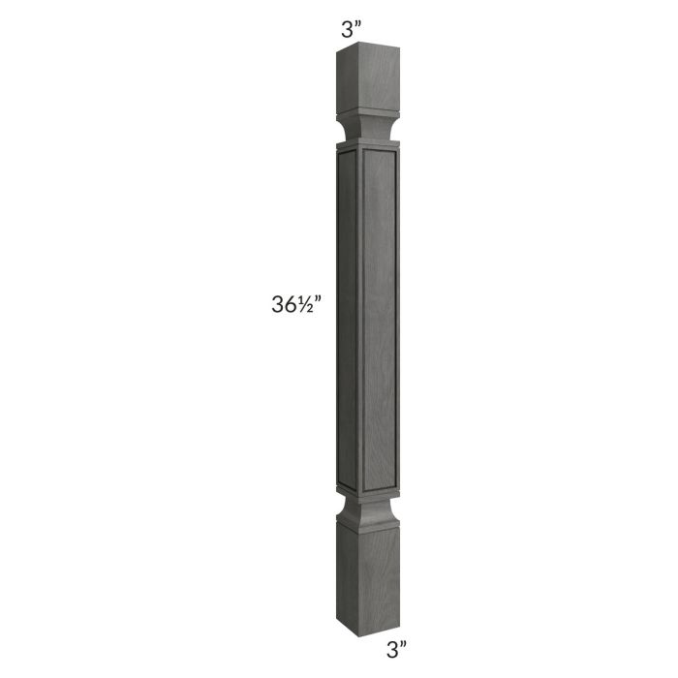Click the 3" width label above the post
coord(350,28)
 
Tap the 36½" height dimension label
coord(296,306)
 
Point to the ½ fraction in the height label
coord(306,306)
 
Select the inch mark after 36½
coord(319,302)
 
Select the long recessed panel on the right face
coord(377,320)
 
